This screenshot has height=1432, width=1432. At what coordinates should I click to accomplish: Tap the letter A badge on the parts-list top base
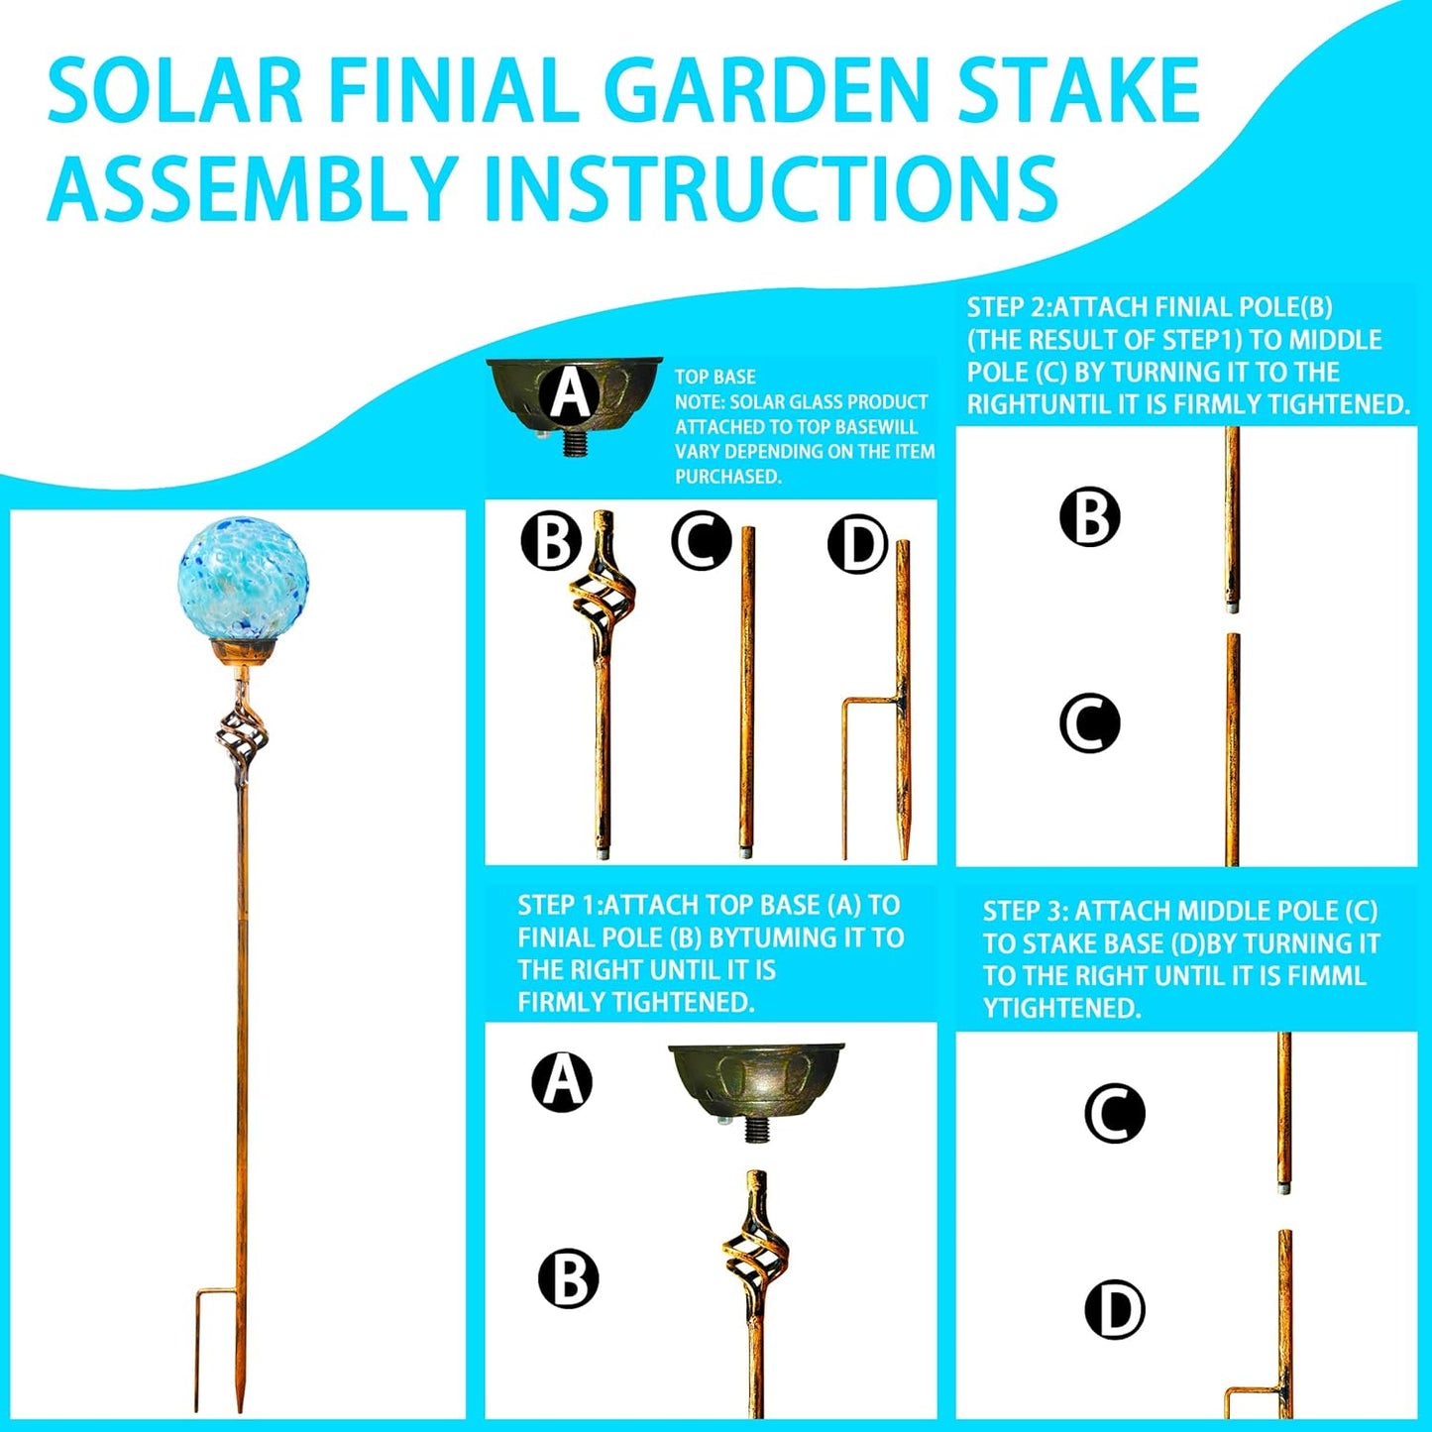coord(570,392)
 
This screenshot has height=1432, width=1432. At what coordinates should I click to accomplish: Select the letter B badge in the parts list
coord(551,542)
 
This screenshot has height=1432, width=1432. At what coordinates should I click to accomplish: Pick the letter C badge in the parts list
coord(702,542)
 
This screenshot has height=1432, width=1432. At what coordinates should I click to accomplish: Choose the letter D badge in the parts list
coord(858,544)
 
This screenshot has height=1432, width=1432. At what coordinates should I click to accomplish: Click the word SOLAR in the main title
coord(174,92)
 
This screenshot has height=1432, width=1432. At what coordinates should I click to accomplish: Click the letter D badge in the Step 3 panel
coord(1115,1310)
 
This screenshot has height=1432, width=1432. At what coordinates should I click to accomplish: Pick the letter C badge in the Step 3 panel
coord(1115,1113)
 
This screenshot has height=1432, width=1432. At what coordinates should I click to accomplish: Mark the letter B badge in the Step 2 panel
coord(1090,516)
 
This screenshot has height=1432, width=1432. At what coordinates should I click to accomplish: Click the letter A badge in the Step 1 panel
coord(562,1081)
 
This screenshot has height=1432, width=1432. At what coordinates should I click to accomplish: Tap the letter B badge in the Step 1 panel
coord(569,1278)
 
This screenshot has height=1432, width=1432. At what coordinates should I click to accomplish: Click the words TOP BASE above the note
coord(716,377)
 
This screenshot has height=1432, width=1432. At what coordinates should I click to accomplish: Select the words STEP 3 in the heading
coord(1023,912)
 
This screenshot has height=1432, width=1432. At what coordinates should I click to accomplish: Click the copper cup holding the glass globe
coord(243,653)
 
